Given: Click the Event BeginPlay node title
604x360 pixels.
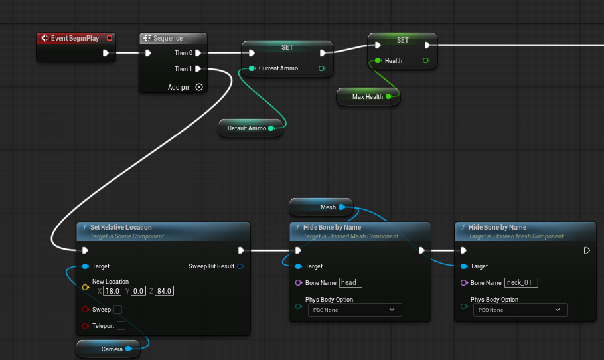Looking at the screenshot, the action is [75, 38].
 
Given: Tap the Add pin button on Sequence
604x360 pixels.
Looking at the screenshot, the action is [198, 87].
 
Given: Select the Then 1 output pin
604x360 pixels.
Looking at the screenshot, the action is [198, 69].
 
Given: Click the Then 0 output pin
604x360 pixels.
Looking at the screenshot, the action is [198, 53].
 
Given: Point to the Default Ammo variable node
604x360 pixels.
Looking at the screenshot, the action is [250, 128].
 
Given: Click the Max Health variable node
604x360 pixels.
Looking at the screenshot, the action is [368, 97].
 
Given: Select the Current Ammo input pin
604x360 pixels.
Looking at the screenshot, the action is [252, 68].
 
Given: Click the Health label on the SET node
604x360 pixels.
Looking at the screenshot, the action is [394, 61].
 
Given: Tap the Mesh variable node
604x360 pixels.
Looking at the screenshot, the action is [321, 207].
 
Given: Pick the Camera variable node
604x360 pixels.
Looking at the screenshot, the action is [108, 349].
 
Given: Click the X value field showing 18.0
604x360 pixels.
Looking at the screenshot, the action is [112, 291].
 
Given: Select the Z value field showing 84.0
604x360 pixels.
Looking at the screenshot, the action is [164, 291].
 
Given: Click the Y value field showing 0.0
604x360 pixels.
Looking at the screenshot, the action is [138, 291].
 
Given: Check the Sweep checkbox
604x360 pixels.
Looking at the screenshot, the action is [118, 309].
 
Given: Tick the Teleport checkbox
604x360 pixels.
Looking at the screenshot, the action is [121, 325].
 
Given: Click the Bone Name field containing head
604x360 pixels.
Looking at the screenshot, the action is [350, 282].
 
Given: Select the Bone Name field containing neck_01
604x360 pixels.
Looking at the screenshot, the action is [521, 282].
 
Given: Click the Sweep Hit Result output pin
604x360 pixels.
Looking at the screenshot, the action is [240, 266].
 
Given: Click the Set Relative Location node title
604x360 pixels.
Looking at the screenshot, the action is [121, 227].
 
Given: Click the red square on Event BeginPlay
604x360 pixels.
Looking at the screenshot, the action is [110, 38].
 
